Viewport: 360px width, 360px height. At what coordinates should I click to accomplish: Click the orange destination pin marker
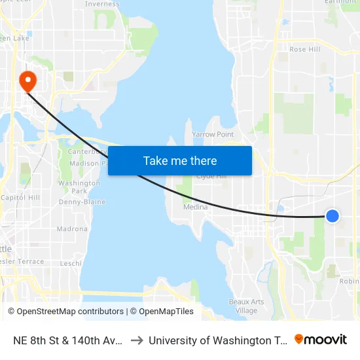(x=28, y=81)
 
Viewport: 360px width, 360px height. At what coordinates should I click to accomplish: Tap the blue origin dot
(x=333, y=215)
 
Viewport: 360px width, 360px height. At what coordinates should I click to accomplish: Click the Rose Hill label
(x=304, y=49)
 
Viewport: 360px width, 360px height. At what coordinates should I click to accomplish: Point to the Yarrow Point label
(x=213, y=134)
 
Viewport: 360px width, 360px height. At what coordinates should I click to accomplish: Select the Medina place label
(x=196, y=207)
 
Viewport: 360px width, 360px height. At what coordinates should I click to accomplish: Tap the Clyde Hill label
(x=211, y=176)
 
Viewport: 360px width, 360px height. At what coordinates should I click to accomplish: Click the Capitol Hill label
(x=20, y=197)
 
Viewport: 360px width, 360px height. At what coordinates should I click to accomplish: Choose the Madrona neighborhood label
(x=72, y=229)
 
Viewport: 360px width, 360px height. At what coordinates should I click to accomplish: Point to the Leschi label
(x=71, y=263)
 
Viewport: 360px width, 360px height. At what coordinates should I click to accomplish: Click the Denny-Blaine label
(x=82, y=202)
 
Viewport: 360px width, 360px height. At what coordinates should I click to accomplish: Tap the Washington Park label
(x=79, y=187)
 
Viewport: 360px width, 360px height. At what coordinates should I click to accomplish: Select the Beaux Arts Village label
(x=247, y=306)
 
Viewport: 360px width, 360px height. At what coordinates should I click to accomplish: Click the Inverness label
(x=102, y=4)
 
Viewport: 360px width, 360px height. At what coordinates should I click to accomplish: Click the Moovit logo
(x=321, y=340)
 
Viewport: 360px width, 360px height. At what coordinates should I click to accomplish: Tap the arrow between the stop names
(x=137, y=340)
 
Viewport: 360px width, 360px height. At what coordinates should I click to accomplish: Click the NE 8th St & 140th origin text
(x=65, y=340)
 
